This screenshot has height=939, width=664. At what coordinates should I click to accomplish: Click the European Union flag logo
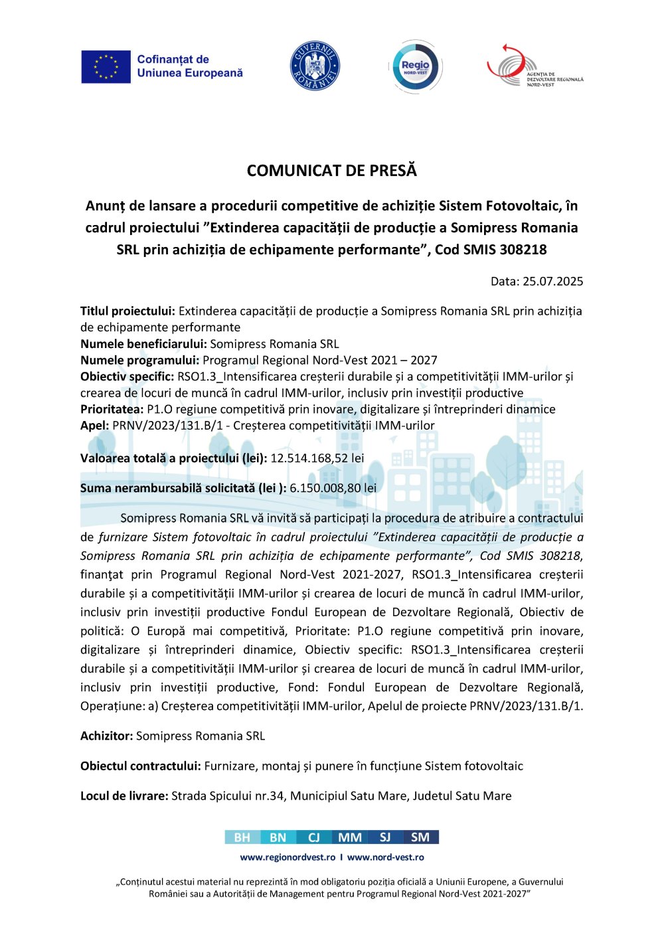pyautogui.click(x=106, y=67)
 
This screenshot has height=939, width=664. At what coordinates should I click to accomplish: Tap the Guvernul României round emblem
pyautogui.click(x=315, y=66)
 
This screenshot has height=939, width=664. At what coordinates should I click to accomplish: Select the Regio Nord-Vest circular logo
pyautogui.click(x=415, y=67)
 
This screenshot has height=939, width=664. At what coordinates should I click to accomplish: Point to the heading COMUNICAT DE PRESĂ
pyautogui.click(x=332, y=171)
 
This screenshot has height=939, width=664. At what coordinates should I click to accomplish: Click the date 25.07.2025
pyautogui.click(x=552, y=281)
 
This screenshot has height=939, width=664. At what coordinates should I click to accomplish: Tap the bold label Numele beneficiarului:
pyautogui.click(x=143, y=344)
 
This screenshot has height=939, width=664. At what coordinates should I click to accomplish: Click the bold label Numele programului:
pyautogui.click(x=139, y=360)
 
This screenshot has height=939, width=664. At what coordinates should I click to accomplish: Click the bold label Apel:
pyautogui.click(x=94, y=425)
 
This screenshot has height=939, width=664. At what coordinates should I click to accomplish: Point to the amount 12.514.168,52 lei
pyautogui.click(x=317, y=458)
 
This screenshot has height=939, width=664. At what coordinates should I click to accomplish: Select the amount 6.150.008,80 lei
pyautogui.click(x=333, y=488)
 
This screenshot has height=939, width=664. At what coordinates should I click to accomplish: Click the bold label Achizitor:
pyautogui.click(x=106, y=736)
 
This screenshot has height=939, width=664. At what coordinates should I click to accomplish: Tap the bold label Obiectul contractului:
pyautogui.click(x=140, y=766)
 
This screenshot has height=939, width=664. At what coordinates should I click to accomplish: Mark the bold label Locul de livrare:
pyautogui.click(x=124, y=796)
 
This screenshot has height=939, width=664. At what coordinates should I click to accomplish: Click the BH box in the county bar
pyautogui.click(x=242, y=837)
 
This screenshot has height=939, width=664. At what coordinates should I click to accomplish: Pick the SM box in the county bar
pyautogui.click(x=420, y=837)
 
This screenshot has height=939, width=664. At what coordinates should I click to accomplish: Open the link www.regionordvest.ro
pyautogui.click(x=288, y=857)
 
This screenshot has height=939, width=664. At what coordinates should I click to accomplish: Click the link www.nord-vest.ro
pyautogui.click(x=385, y=857)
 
